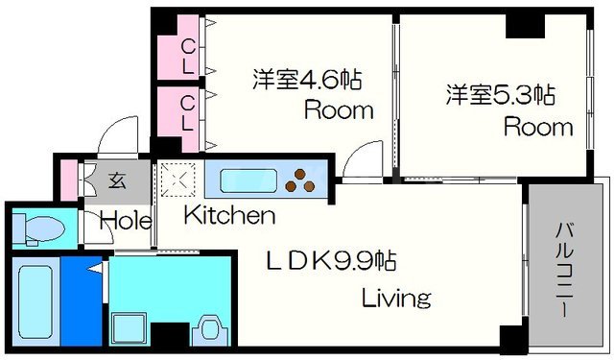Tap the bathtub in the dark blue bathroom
(x=35, y=299)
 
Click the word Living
(x=395, y=298)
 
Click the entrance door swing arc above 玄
(x=120, y=136)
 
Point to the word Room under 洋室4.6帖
(x=339, y=109)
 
